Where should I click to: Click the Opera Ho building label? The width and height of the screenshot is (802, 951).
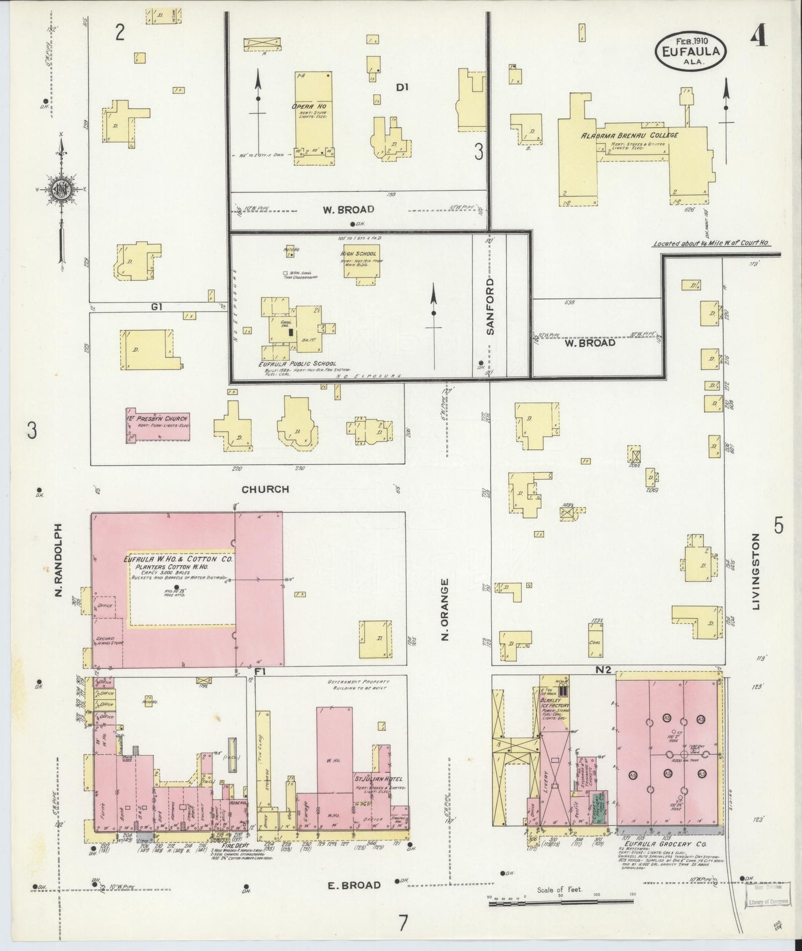point(313,107)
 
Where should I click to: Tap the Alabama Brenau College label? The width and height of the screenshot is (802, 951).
point(629,135)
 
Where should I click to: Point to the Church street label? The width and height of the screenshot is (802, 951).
point(265,489)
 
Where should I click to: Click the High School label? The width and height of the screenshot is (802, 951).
point(359,254)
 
